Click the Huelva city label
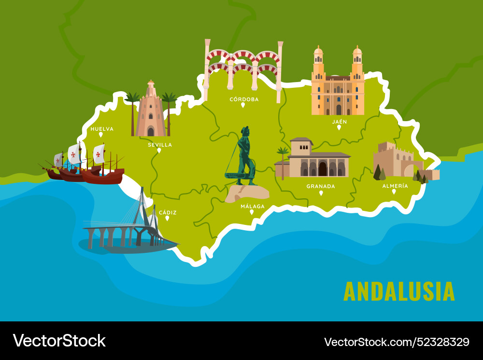click(x=102, y=129)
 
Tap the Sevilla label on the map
click(x=160, y=144)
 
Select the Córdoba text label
click(x=244, y=99)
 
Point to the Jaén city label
click(x=339, y=122)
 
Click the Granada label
click(x=321, y=186)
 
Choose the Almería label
click(x=395, y=186)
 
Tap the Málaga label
click(x=253, y=206)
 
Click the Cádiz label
click(x=168, y=212)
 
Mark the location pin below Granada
click(x=321, y=193)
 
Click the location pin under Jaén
click(x=339, y=127)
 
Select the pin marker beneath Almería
click(x=394, y=192)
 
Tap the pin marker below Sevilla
click(x=159, y=150)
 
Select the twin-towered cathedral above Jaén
click(x=338, y=84)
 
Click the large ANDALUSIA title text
click(x=399, y=291)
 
